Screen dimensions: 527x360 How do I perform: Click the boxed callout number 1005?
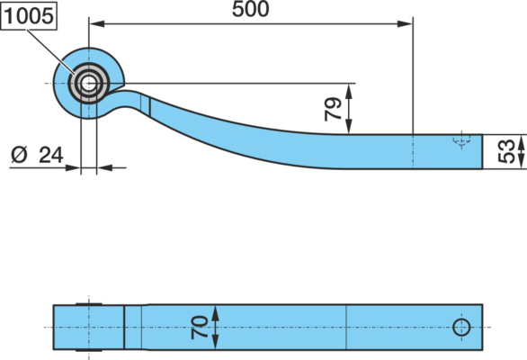29,16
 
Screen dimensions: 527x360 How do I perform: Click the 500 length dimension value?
250,9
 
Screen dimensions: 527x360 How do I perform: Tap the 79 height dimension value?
334,109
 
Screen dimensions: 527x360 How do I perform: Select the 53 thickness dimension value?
506,151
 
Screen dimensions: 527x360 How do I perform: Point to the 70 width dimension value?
200,327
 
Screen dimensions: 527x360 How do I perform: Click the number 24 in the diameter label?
51,156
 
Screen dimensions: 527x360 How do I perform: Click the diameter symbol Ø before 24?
19,156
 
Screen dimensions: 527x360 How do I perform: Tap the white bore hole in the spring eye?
88,83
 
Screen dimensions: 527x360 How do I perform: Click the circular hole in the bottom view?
461,327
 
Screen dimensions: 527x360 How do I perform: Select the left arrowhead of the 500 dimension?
96,24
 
